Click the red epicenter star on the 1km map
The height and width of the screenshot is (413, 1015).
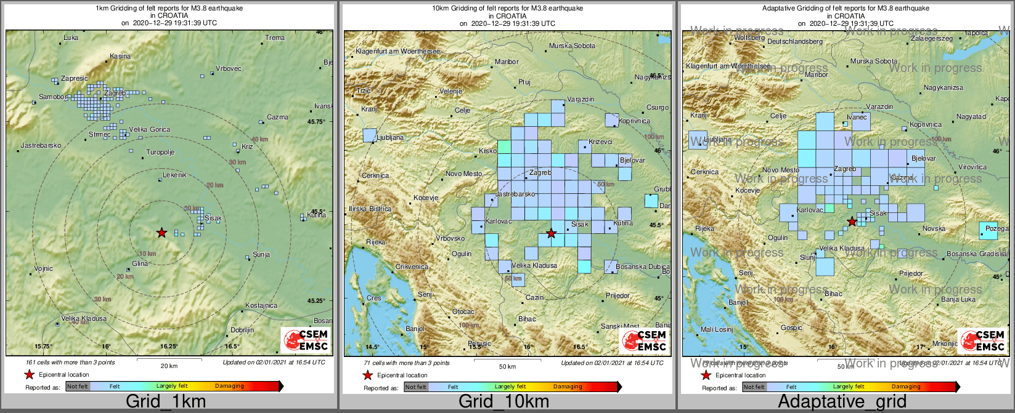point(161,233)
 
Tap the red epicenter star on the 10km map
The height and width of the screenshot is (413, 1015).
point(552,233)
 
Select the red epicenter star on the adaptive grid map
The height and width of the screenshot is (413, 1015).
point(852,222)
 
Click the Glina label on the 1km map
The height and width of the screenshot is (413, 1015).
point(140,264)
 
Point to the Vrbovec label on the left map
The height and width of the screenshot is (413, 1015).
point(229,68)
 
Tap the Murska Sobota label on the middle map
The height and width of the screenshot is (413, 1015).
point(572,46)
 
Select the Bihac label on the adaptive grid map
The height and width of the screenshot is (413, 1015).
point(833,294)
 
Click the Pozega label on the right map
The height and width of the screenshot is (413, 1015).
point(997,228)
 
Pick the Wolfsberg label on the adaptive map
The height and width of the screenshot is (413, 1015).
point(749,38)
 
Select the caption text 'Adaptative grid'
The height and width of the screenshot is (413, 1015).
point(842,402)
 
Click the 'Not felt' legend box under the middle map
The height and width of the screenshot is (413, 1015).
point(416,387)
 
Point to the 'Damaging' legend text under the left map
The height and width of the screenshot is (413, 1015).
point(229,387)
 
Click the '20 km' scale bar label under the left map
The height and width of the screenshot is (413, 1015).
point(169,366)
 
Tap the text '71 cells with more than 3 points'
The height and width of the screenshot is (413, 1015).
point(407,363)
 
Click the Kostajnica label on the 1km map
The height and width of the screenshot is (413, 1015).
point(261,305)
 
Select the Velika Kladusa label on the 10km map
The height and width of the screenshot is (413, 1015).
point(534,266)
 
